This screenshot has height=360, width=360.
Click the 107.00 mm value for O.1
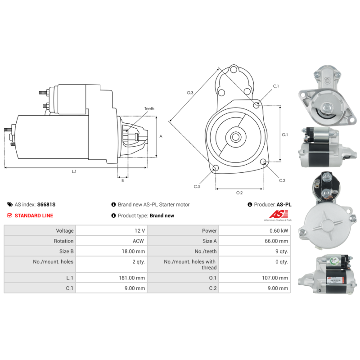pyautogui.click(x=276, y=278)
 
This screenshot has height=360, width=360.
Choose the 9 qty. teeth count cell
pyautogui.click(x=280, y=252)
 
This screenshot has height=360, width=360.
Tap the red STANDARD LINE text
pyautogui.click(x=34, y=216)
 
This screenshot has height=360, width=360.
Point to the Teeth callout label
pyautogui.click(x=149, y=109)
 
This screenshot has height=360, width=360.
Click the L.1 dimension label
pyautogui.click(x=74, y=171)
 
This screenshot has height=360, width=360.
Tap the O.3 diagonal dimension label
pyautogui.click(x=190, y=93)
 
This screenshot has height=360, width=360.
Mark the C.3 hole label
pyautogui.click(x=197, y=186)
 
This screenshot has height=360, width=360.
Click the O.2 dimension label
pyautogui.click(x=239, y=193)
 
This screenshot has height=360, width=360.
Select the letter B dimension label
pyautogui.click(x=122, y=180)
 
